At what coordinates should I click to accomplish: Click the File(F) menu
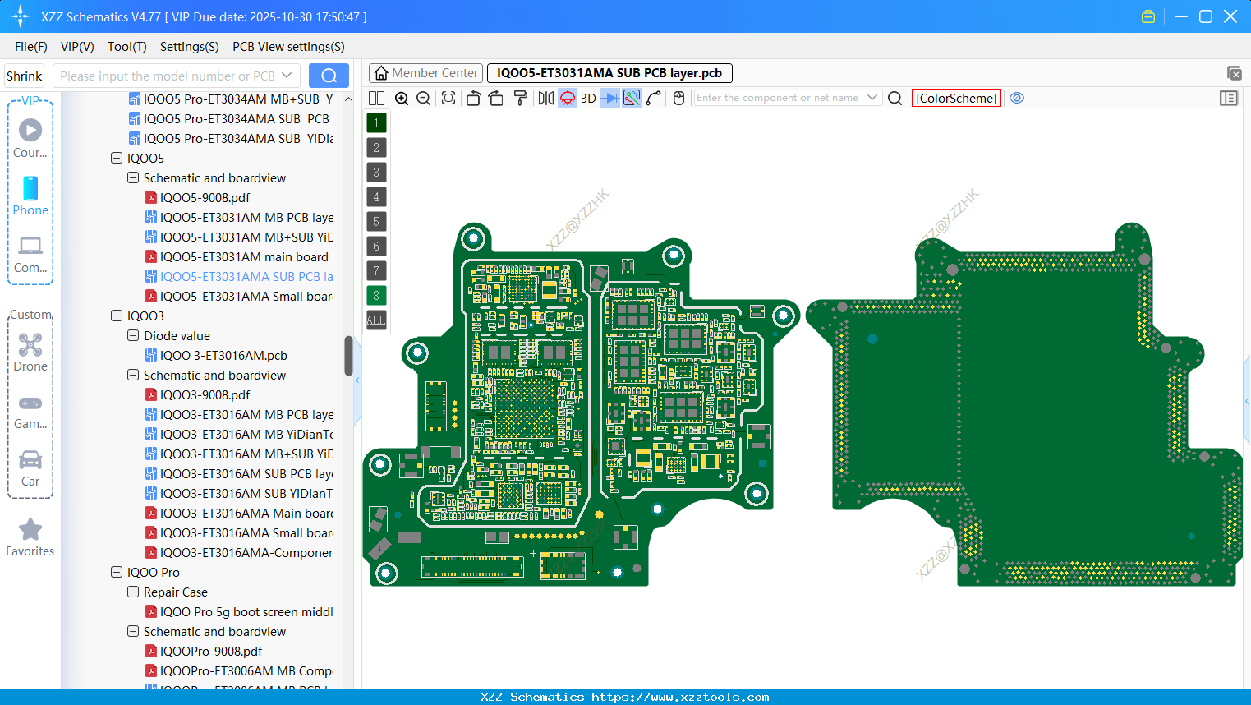(x=31, y=47)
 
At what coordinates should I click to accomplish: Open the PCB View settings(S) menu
(x=288, y=47)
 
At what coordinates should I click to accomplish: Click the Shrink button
(x=24, y=76)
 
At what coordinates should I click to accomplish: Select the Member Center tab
(x=425, y=73)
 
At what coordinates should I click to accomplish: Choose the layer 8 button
(x=376, y=295)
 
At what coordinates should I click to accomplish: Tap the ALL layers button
(x=376, y=320)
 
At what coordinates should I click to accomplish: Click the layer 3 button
(x=376, y=172)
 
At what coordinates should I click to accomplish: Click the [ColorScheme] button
(x=956, y=99)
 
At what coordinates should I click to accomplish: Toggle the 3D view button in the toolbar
(x=588, y=99)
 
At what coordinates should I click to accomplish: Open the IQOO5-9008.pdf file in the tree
(x=205, y=198)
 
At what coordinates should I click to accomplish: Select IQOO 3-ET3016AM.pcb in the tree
(x=223, y=356)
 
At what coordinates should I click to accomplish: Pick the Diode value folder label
(x=177, y=336)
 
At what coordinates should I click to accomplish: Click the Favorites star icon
(x=30, y=530)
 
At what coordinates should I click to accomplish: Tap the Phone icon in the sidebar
(x=30, y=189)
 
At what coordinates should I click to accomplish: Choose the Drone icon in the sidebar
(x=30, y=345)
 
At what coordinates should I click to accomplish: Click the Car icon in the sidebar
(x=30, y=460)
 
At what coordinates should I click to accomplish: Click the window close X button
(x=1230, y=16)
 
